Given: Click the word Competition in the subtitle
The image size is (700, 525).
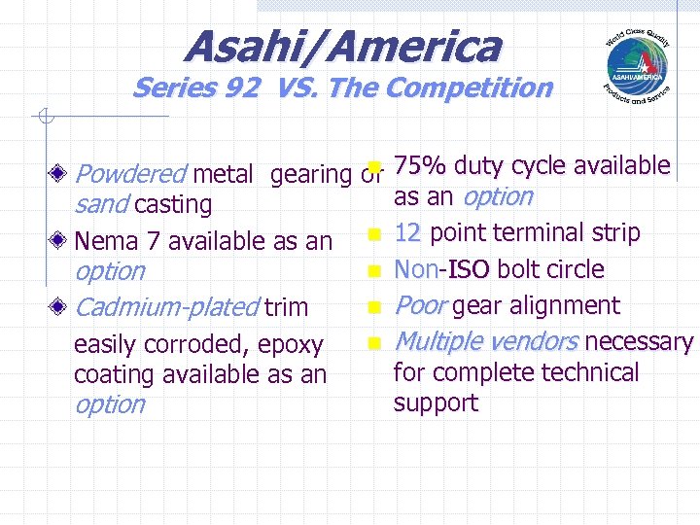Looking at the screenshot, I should (469, 89).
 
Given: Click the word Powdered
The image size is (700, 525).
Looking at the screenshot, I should (129, 175).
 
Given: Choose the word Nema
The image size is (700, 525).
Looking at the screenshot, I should (106, 240).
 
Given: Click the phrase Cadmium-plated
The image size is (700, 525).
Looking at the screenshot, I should (166, 308).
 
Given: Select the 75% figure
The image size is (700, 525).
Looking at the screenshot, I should (420, 166).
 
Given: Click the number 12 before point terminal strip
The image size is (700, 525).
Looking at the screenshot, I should (407, 233).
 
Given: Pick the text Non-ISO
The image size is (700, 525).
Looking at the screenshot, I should (442, 269).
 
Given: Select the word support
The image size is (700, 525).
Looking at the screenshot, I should (436, 403).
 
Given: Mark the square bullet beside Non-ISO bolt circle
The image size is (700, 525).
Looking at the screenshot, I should (373, 269).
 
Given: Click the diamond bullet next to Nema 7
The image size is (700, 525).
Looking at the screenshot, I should (61, 240).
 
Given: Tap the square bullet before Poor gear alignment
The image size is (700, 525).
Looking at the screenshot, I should (373, 307).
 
